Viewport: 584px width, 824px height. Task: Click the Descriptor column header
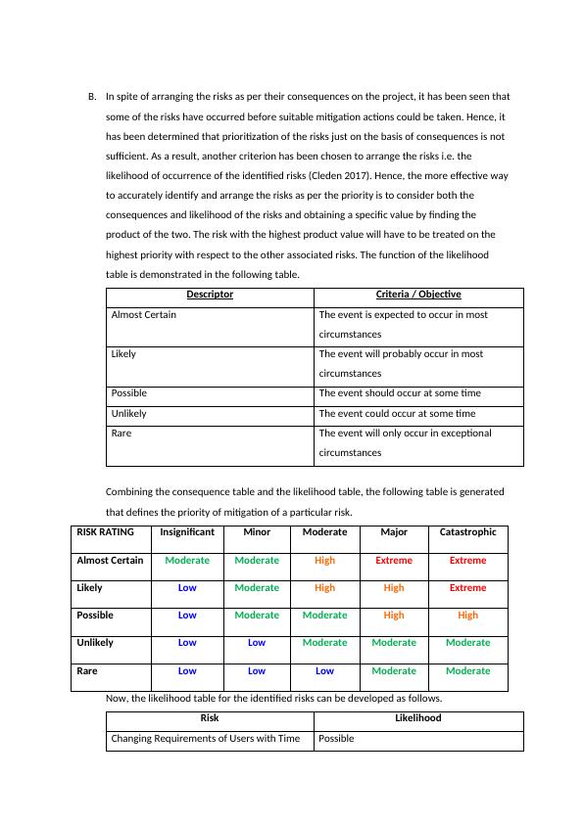click(210, 295)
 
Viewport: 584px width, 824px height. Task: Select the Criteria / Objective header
click(418, 295)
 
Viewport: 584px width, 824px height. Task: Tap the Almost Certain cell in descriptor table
click(144, 315)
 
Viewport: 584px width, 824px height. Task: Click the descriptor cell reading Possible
click(129, 393)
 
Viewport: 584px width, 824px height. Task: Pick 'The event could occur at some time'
click(397, 414)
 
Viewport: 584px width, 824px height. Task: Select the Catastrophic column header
click(467, 532)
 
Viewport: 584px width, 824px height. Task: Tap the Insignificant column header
click(187, 532)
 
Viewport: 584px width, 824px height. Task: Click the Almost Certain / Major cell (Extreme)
click(394, 561)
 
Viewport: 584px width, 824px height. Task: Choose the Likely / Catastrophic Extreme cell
click(467, 588)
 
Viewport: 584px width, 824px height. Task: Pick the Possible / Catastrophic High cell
click(467, 616)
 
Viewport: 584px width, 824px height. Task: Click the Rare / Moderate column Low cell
click(324, 671)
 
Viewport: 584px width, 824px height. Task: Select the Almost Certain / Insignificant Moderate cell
click(187, 561)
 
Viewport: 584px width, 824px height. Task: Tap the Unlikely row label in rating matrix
click(95, 643)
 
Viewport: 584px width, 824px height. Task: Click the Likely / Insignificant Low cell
click(187, 588)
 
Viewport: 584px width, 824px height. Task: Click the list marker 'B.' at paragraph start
click(92, 97)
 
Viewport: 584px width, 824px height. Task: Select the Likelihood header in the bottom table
click(418, 718)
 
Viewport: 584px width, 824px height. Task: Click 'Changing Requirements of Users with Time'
click(206, 739)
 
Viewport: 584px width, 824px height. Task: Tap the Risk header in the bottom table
click(210, 718)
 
